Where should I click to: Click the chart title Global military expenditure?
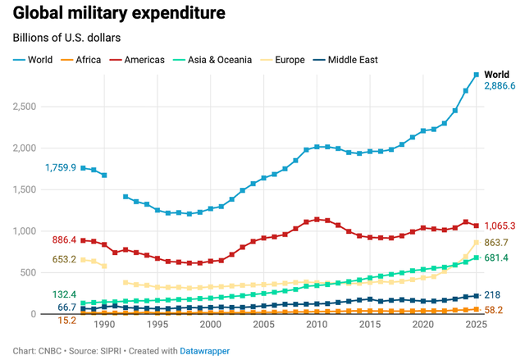point(119,15)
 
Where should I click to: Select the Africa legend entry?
point(92,60)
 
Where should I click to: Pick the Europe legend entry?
point(287,60)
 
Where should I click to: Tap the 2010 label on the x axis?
point(317,325)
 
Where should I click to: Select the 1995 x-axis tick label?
point(157,325)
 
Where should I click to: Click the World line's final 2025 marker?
point(476,75)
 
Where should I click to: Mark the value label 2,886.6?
point(500,86)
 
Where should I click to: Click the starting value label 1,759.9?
point(61,168)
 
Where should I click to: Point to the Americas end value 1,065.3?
point(500,226)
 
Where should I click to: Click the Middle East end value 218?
point(494,295)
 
